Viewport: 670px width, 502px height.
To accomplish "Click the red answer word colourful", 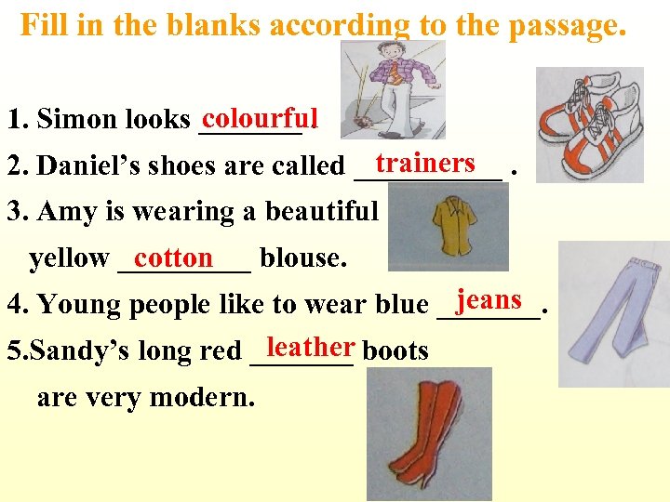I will pos(260,118).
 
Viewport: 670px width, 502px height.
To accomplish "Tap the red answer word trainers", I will pos(425,164).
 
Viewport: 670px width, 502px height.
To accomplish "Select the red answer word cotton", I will pos(174,257).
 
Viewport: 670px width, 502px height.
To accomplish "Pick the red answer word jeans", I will pos(489,299).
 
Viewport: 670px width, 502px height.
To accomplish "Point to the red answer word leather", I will pos(310,347).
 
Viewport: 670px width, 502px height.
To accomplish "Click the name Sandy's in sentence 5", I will pos(62,351).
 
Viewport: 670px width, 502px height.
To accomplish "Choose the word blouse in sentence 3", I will pos(303,258).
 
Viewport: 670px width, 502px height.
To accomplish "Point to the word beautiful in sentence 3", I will pos(320,212).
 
